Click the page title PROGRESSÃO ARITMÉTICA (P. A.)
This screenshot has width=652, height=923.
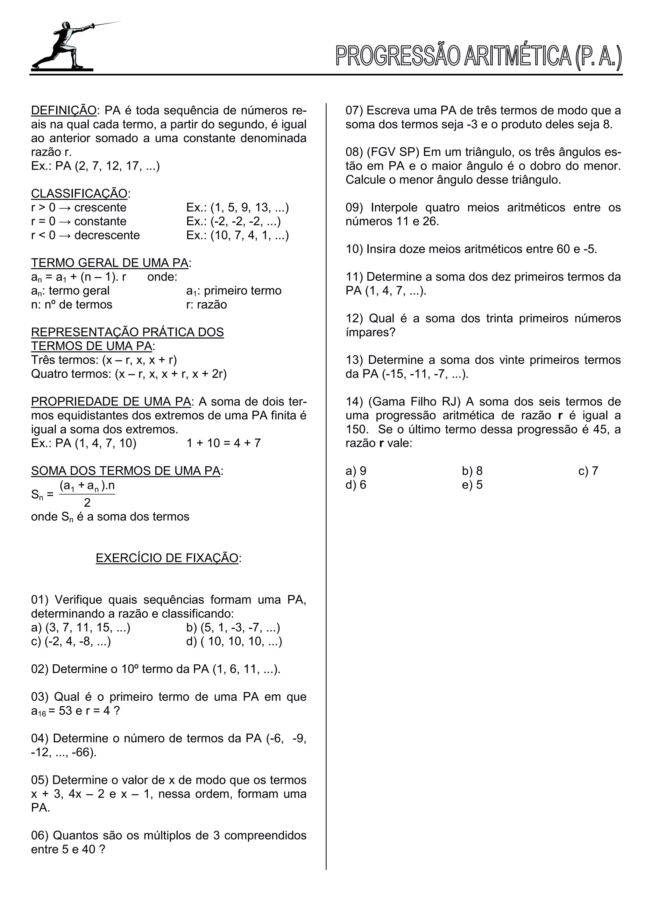[x=478, y=57]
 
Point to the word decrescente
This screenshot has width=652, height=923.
[x=107, y=235]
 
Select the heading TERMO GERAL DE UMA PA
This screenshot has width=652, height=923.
[x=110, y=263]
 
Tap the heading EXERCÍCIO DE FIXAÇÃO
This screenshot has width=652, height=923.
[x=167, y=558]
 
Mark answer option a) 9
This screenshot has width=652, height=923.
[x=356, y=471]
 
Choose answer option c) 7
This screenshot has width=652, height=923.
[x=588, y=471]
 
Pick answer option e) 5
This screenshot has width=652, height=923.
[x=472, y=485]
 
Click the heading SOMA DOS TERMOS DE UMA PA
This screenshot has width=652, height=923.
[x=126, y=471]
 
